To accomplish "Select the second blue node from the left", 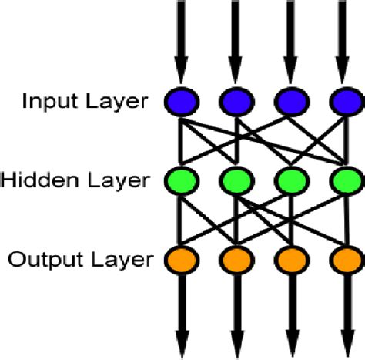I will [235, 101].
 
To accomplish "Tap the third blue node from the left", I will [290, 101].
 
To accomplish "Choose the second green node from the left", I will [235, 181].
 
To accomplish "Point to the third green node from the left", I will [290, 181].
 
